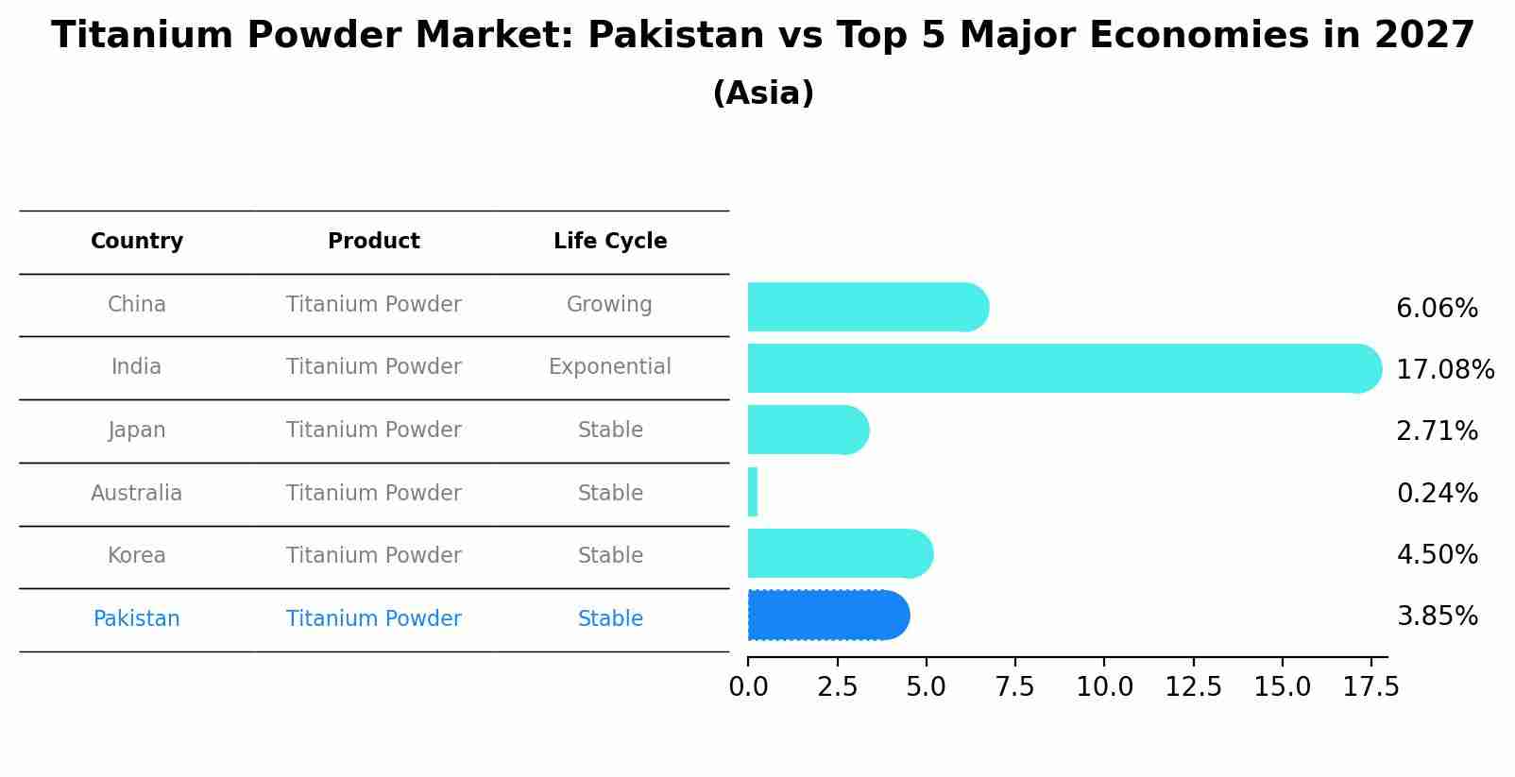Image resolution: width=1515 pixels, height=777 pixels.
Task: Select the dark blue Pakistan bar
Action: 827,616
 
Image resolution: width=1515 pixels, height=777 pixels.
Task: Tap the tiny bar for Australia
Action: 753,492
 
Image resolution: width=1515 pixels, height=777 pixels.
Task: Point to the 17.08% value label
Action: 1444,369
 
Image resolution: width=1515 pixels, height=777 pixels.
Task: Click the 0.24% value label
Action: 1437,493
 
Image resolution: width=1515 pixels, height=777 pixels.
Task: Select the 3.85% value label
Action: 1437,617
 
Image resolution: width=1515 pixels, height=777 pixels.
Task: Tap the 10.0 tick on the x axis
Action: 1104,687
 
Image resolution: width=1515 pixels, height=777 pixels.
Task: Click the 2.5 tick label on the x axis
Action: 837,687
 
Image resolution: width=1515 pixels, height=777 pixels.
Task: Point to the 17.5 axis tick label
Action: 1371,687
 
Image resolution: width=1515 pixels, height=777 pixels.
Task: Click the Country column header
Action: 137,242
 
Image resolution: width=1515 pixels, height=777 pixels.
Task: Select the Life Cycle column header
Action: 610,242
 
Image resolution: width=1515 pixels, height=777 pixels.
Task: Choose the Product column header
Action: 374,242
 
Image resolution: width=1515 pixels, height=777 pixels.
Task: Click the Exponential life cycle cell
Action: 610,367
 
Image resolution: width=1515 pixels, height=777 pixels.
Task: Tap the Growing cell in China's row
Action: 609,305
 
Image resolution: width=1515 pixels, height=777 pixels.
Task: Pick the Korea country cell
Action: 137,556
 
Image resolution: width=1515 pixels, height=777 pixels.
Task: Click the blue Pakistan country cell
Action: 137,619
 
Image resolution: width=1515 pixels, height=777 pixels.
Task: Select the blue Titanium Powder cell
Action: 374,619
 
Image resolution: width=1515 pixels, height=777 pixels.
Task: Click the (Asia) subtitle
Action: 763,93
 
